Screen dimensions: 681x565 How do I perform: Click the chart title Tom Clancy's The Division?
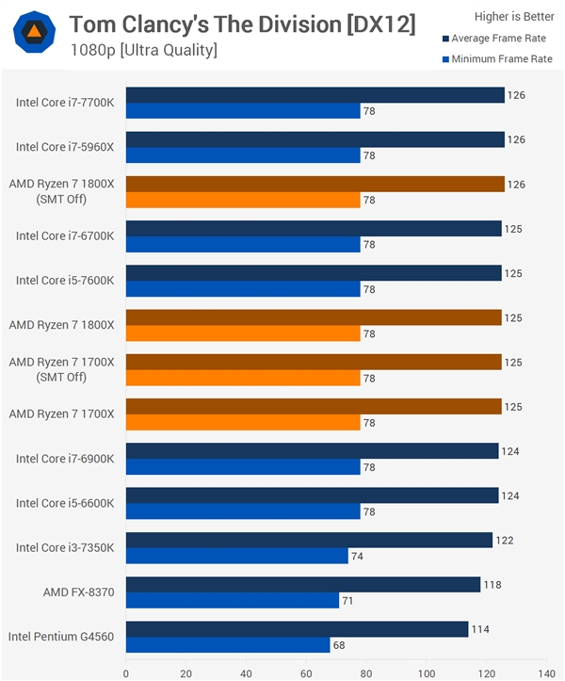[242, 24]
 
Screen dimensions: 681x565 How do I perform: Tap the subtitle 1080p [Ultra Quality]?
[143, 50]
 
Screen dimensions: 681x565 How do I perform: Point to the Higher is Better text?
[513, 16]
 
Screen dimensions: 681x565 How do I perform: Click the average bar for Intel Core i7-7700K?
[315, 95]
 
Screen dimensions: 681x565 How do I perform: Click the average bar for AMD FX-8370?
[302, 585]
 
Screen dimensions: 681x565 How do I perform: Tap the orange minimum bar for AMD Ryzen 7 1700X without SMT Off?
[243, 423]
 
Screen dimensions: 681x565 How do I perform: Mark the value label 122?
[505, 541]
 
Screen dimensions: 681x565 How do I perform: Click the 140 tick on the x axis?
[545, 673]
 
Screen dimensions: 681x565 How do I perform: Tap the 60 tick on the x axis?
[306, 673]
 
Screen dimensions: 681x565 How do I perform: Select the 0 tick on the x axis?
[126, 673]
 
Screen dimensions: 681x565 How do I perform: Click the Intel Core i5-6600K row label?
[65, 503]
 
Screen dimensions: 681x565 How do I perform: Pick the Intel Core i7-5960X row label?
[65, 147]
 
